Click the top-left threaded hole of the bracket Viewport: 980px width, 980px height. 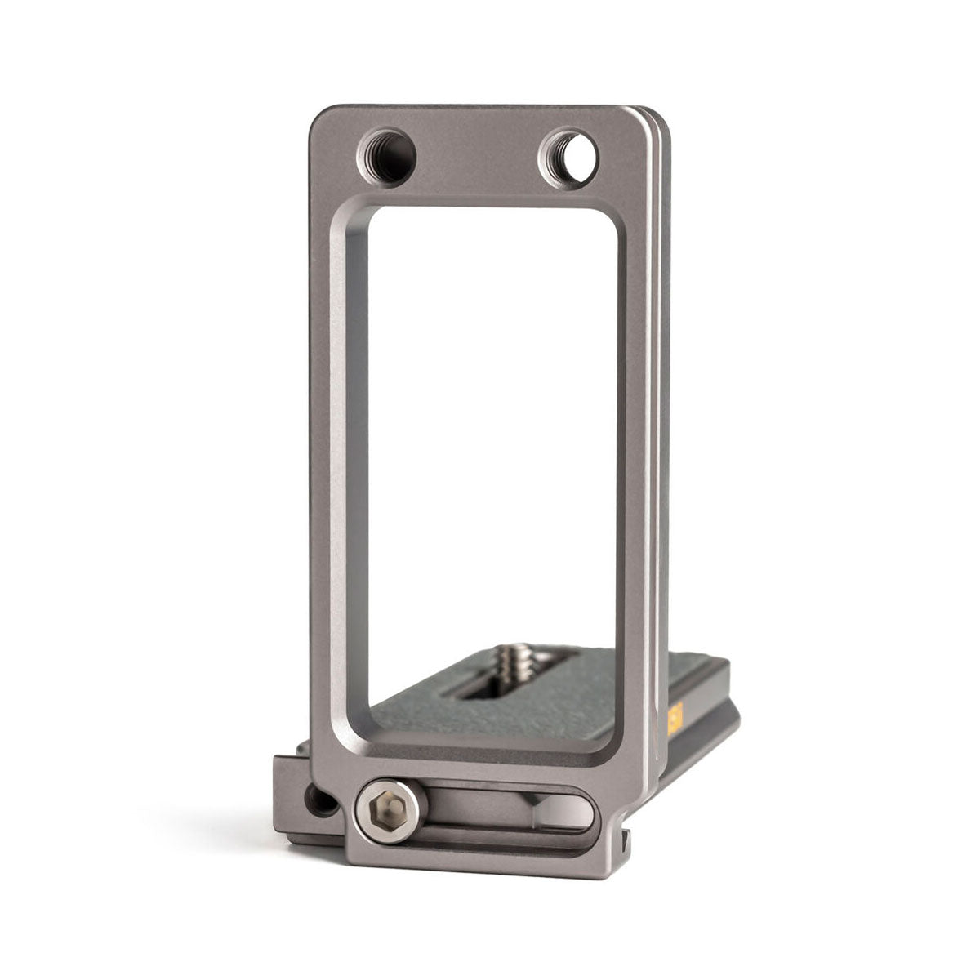click(386, 155)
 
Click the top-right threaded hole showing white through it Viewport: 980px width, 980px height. click(568, 155)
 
